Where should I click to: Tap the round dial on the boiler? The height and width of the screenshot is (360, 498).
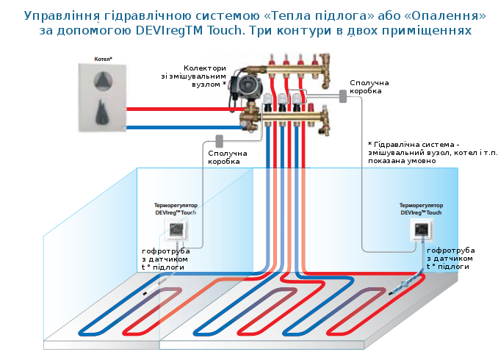point(103,81)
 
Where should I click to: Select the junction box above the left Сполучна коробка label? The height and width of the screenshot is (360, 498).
point(219,140)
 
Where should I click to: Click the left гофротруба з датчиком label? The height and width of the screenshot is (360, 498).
point(166,259)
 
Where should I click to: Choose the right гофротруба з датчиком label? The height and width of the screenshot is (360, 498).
point(450,259)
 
